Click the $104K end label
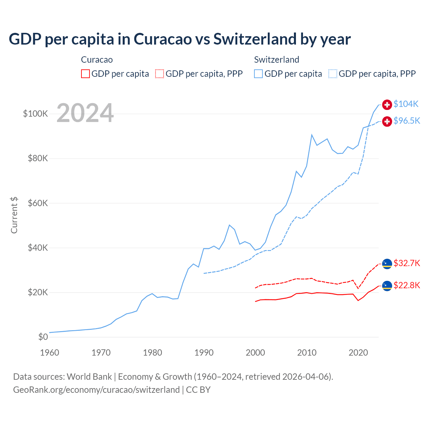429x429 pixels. tap(406, 104)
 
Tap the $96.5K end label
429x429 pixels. tap(407, 121)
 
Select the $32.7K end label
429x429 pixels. tap(407, 263)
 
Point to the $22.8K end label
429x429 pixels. tap(407, 286)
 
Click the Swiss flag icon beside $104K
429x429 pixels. tap(387, 105)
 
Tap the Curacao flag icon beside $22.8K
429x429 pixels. tap(387, 286)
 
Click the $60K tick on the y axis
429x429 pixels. tap(38, 203)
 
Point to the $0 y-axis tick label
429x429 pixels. tap(43, 337)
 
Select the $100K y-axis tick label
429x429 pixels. tap(36, 114)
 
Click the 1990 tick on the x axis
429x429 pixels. tap(204, 353)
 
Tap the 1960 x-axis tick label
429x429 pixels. tap(50, 353)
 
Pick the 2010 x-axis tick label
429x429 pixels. tap(307, 353)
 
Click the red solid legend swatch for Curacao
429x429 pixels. tap(85, 74)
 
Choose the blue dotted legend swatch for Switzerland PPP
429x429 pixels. tap(333, 74)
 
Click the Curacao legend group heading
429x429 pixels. tap(97, 60)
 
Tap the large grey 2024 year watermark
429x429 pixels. tap(85, 113)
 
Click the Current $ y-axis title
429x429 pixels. tap(14, 215)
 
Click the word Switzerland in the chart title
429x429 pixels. tap(255, 39)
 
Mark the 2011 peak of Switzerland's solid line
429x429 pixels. tap(312, 135)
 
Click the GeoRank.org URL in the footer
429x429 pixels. tap(97, 390)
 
